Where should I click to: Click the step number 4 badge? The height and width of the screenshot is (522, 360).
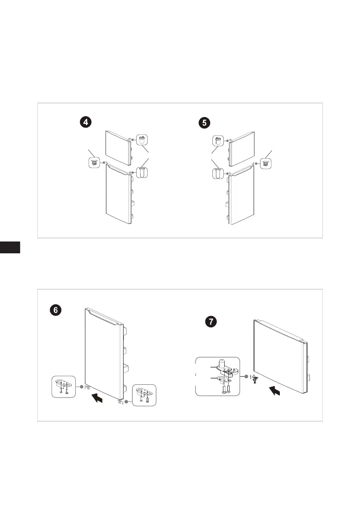pos(86,122)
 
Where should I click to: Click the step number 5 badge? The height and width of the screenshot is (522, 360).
pos(204,123)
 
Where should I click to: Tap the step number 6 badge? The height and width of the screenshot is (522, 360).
pos(56,310)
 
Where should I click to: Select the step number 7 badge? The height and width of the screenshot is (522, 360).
pos(211,322)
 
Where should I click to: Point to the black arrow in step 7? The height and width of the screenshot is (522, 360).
pos(275,391)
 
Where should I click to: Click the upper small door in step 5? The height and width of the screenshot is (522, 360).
pos(241,149)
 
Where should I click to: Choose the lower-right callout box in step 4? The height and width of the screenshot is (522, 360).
pos(142,172)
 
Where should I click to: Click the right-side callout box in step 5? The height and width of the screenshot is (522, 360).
pos(265,163)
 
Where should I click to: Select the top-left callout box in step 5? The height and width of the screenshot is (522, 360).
pos(218,141)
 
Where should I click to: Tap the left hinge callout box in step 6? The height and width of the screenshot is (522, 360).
pos(64,387)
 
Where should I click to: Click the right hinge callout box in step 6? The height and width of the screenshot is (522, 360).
pos(144,395)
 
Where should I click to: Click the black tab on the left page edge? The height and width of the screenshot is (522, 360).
pos(10,247)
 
